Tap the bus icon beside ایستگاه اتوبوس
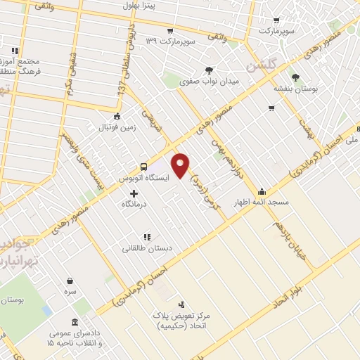143,167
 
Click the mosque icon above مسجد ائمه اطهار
262,191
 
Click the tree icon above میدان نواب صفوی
209,70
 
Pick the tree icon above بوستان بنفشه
295,77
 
